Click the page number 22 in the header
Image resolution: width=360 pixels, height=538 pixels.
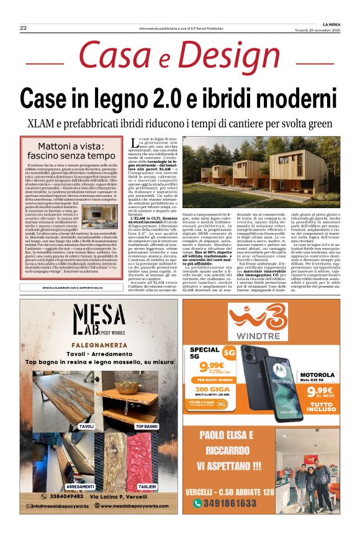tap(23, 27)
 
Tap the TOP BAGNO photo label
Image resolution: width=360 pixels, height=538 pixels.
tap(146, 427)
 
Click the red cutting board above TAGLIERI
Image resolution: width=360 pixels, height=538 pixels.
tap(146, 460)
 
